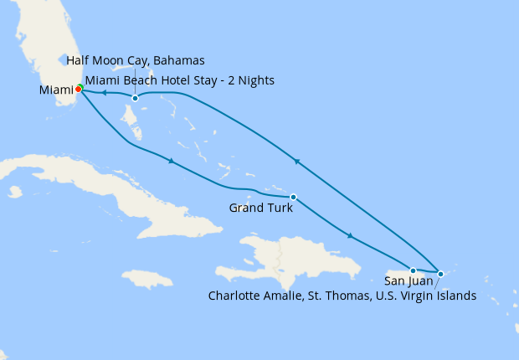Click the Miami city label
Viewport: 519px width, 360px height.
[54, 89]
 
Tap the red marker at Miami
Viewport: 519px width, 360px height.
[78, 88]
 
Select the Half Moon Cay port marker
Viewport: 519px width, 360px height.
[135, 98]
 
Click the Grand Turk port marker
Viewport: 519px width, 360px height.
[293, 197]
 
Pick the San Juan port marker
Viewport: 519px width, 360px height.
[413, 270]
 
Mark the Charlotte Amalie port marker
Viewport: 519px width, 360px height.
[440, 273]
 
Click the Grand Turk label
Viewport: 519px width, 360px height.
[260, 207]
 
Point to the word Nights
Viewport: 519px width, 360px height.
[255, 80]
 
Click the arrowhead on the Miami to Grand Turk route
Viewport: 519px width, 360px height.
[171, 161]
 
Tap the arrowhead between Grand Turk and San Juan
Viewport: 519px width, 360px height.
[350, 236]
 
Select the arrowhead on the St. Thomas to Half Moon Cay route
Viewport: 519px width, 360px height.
[295, 160]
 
